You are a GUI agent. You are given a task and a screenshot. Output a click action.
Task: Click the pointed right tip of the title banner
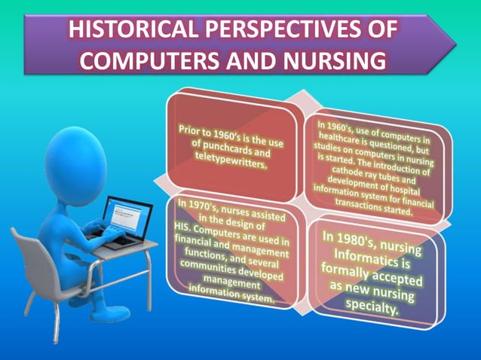pyautogui.click(x=455, y=43)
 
